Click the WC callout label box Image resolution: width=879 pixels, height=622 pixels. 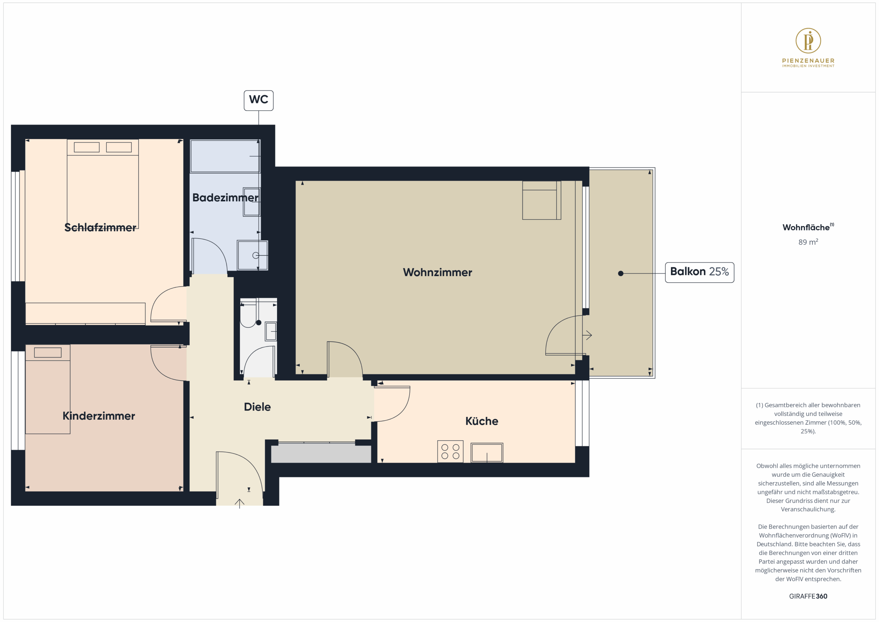[259, 100]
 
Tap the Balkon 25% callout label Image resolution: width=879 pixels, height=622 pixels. [699, 272]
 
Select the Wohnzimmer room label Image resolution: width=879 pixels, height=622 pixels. [437, 272]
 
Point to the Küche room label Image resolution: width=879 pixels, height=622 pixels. [482, 421]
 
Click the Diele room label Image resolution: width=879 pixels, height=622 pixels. [257, 407]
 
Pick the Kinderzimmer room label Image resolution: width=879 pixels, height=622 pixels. [99, 416]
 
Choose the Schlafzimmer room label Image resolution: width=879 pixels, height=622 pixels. [100, 227]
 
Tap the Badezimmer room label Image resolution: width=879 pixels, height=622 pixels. [225, 197]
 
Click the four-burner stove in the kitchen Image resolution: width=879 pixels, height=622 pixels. [450, 452]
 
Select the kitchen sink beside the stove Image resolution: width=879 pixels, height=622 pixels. [487, 453]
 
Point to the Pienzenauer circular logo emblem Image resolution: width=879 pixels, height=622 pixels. [808, 41]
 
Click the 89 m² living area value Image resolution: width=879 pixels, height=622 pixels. [808, 242]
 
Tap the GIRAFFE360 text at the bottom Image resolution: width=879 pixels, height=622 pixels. [808, 596]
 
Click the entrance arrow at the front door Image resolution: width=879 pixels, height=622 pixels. [239, 503]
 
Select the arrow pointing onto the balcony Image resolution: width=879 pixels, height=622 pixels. [587, 336]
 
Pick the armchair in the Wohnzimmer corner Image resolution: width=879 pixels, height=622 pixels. [541, 200]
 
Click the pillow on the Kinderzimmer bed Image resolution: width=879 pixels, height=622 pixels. [48, 352]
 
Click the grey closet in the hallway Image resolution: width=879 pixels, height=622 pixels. [321, 453]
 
